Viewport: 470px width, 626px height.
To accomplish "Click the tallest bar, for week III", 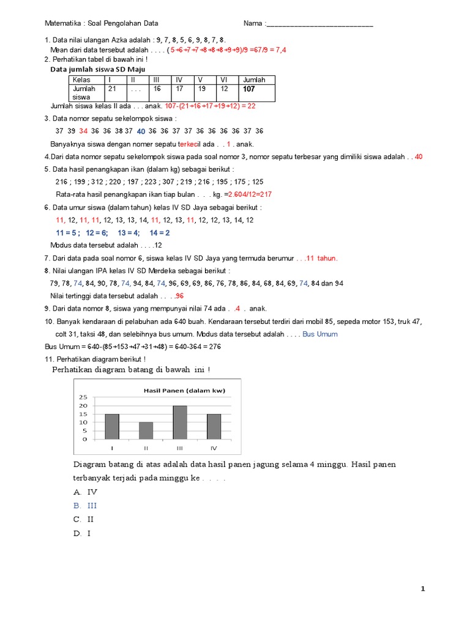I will point(180,422).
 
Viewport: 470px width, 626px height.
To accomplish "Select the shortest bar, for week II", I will point(146,430).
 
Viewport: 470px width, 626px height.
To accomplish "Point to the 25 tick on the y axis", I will point(84,397).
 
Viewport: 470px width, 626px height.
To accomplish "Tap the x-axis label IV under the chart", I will point(214,448).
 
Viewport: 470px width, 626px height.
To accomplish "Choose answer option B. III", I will point(85,506).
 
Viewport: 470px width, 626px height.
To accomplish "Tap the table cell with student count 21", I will point(112,89).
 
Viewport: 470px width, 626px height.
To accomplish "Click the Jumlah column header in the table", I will point(254,80).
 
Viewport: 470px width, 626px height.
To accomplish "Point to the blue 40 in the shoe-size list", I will point(141,131).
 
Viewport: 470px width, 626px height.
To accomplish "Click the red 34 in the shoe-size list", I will point(84,131).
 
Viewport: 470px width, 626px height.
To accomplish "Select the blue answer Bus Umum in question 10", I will point(320,334).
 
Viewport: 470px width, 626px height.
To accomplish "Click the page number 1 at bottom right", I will point(422,589).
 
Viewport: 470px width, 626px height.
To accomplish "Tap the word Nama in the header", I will point(253,24).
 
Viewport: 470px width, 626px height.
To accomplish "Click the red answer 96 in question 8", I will point(179,296).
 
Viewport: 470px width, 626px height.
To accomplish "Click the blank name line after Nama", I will point(320,25).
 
